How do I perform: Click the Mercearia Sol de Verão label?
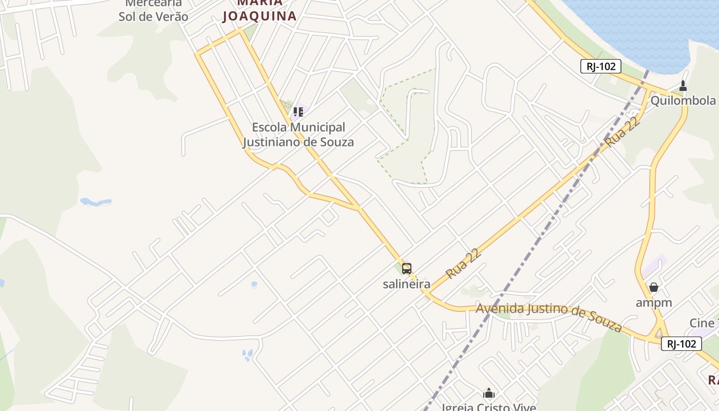[153, 10]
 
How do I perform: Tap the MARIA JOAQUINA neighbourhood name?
[259, 10]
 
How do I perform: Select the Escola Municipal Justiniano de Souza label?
[298, 135]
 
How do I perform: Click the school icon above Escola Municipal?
[298, 111]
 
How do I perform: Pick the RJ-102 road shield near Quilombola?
[601, 66]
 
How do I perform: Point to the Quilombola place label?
[683, 100]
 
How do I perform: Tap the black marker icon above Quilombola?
[683, 85]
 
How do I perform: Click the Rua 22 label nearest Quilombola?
[623, 132]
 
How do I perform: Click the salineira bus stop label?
[406, 284]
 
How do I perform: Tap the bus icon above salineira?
[406, 268]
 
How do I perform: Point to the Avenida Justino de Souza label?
[549, 315]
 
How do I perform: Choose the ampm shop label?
[654, 302]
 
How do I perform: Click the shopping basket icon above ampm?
[654, 287]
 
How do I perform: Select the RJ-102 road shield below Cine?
[681, 344]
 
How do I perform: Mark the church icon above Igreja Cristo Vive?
[489, 394]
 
